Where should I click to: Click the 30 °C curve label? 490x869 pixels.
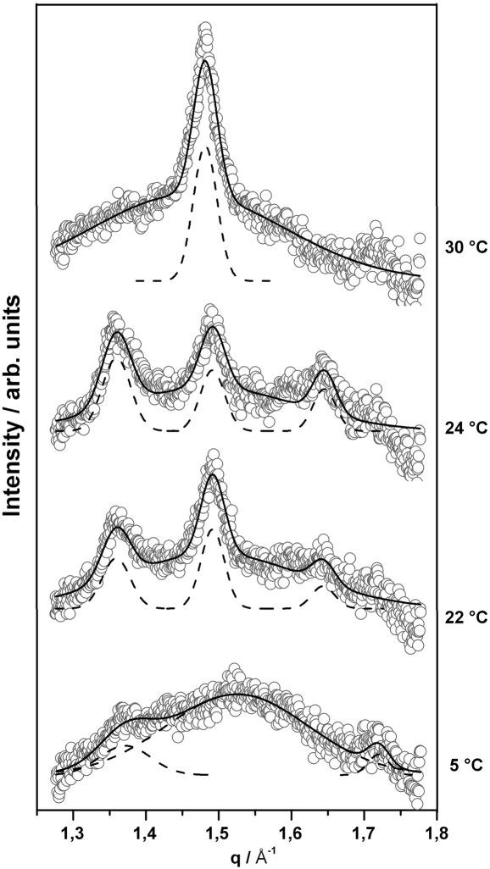465,249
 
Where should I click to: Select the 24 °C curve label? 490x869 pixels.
465,428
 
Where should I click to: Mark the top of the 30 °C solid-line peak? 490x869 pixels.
205,61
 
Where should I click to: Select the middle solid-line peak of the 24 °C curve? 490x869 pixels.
213,327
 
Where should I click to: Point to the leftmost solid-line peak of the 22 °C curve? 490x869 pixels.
116,529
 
